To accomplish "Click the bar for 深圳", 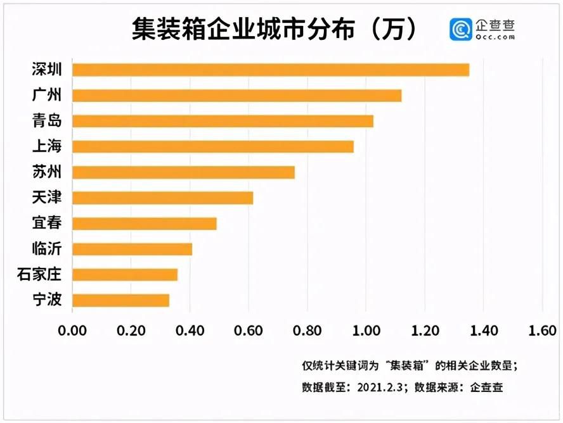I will [x=271, y=70].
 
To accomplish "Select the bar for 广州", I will [x=237, y=96].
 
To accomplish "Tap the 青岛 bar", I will [x=223, y=121].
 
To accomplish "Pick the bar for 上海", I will [x=213, y=147].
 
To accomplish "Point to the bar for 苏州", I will [x=183, y=172].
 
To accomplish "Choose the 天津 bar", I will [x=162, y=198].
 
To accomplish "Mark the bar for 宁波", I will [x=120, y=300].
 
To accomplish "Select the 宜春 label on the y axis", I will [x=47, y=224].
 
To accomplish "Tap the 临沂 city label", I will [x=47, y=249].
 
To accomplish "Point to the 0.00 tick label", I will [x=72, y=331].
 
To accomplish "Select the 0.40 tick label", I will [x=190, y=331].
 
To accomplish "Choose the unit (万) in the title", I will [x=394, y=30].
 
